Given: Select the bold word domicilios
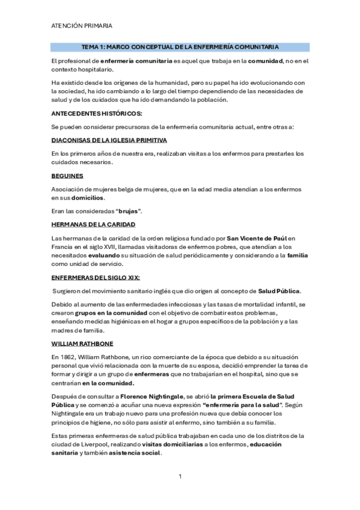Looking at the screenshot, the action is (88, 198).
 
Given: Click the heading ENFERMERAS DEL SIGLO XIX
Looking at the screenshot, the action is (96, 277).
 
